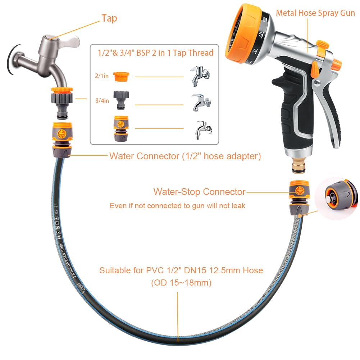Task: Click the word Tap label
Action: click(109, 18)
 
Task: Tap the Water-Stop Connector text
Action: click(199, 192)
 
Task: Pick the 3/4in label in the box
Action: click(102, 101)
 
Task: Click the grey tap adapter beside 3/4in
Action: click(121, 100)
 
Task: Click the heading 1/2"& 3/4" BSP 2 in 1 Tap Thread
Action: click(156, 53)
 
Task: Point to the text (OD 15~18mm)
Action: click(181, 283)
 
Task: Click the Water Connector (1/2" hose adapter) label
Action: click(185, 156)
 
